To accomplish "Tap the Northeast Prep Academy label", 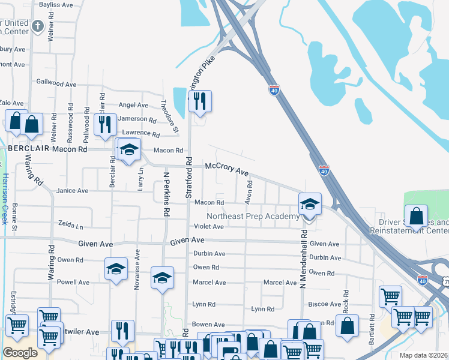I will [x=252, y=217].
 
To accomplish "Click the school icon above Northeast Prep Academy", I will [x=310, y=203].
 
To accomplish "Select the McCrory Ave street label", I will [x=226, y=169].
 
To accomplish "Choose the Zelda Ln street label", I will [x=71, y=224].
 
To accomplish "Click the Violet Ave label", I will [x=208, y=227].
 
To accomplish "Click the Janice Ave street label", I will [x=72, y=191].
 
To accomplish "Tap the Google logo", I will [x=20, y=353].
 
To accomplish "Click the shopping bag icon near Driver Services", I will [x=416, y=216].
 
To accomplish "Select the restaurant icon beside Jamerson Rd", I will [x=105, y=124].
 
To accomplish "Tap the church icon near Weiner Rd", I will [x=38, y=26].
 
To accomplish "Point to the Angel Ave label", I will [x=133, y=105].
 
